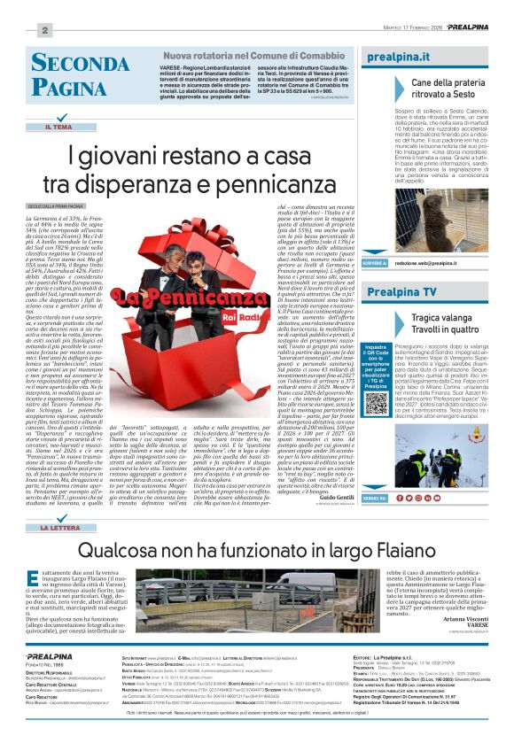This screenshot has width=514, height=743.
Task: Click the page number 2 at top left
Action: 44,30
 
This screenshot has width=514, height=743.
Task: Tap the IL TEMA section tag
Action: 58,128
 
